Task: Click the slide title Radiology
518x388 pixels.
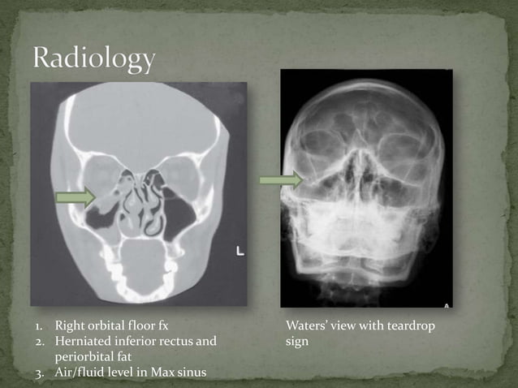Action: coord(94,58)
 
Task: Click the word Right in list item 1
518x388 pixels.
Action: coord(70,326)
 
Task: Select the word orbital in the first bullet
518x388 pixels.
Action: coord(106,326)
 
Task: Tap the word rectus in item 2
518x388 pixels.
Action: coord(175,342)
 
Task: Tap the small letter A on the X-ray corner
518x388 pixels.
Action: coord(446,304)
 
